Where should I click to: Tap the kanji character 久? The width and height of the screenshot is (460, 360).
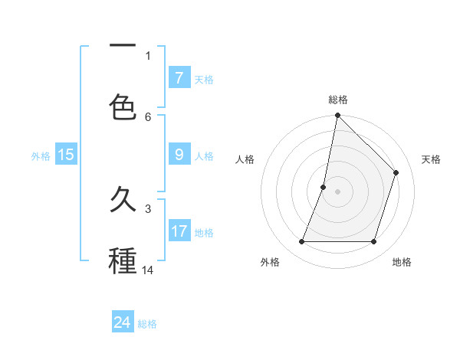123,201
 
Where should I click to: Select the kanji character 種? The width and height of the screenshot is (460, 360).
123,261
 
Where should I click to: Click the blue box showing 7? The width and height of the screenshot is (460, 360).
179,77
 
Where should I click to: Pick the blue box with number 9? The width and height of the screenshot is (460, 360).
179,154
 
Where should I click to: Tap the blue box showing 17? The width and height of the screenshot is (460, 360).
179,231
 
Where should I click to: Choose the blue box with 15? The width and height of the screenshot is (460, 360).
66,155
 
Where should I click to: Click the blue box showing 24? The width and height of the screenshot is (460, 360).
123,322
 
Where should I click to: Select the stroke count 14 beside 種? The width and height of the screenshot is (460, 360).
148,270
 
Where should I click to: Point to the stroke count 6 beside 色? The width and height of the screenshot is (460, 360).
148,116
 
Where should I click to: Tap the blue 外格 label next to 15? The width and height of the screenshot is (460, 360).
41,155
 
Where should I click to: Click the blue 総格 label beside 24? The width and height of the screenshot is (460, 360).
147,324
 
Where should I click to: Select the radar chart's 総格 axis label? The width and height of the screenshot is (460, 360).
337,100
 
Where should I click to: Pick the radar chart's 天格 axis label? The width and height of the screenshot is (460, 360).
432,159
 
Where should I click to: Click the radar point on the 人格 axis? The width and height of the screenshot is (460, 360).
324,187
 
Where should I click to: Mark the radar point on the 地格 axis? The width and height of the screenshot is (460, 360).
373,241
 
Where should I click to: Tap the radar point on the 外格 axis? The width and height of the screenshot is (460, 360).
301,241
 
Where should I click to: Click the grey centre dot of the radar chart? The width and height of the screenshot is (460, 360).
337,191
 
